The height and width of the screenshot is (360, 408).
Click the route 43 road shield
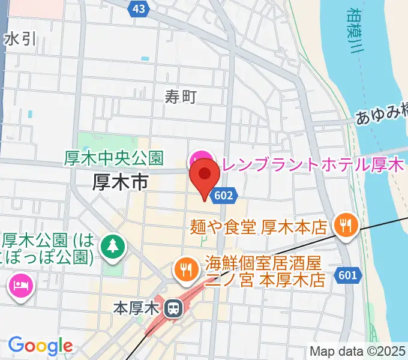(x=138, y=8)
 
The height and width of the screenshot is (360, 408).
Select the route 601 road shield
(x=350, y=275)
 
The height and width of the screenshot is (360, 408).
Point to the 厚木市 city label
(x=120, y=182)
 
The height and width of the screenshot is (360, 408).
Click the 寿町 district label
(x=181, y=95)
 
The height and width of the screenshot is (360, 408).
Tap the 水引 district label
(x=20, y=40)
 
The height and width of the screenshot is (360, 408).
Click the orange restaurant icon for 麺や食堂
(x=346, y=226)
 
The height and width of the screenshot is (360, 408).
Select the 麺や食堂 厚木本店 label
(x=258, y=227)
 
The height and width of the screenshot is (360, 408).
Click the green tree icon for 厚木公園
(x=112, y=245)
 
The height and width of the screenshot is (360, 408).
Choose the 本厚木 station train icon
(x=173, y=308)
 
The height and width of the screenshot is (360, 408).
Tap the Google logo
(x=41, y=346)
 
